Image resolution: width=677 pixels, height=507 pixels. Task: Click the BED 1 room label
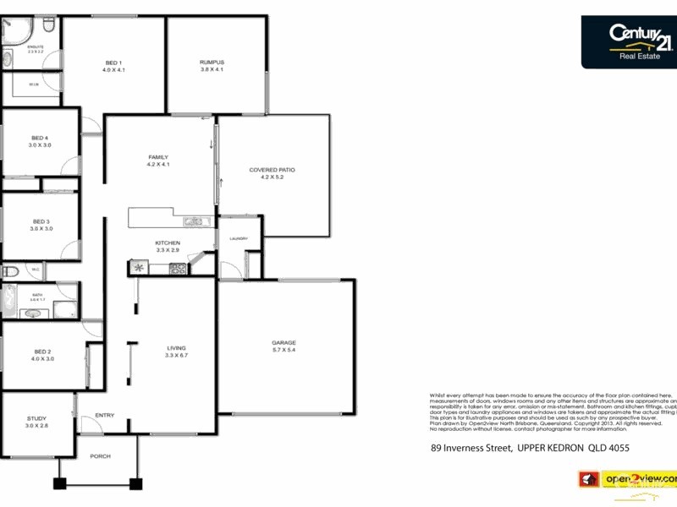(113, 63)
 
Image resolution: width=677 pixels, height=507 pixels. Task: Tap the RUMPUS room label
(212, 63)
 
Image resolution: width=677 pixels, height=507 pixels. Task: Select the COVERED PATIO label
(272, 170)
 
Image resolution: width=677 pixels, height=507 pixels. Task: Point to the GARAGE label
(283, 342)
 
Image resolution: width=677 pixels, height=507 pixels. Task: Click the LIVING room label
(176, 348)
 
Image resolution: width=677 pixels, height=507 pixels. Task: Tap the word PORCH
(100, 456)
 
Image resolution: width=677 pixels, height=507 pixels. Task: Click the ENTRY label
(105, 415)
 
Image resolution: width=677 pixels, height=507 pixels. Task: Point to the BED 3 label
(41, 221)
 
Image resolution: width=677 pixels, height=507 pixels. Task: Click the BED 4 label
(40, 138)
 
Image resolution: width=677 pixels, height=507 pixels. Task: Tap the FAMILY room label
(158, 157)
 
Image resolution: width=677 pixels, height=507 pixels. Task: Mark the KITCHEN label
(168, 243)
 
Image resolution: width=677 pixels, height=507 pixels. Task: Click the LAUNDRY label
(238, 239)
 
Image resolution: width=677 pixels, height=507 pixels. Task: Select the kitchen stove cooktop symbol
(179, 270)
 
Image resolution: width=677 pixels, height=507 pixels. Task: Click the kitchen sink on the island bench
(195, 222)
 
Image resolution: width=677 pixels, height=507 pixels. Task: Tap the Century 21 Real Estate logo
(630, 41)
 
